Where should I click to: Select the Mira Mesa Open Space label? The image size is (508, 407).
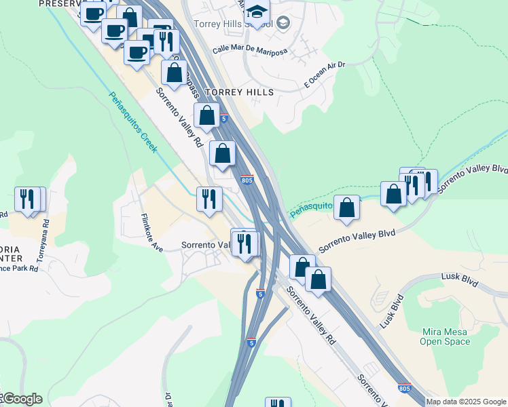point(445,336)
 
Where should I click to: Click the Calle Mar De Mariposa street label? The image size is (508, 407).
point(249,50)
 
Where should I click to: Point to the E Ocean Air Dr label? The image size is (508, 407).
point(325,75)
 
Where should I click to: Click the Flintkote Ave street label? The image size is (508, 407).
point(151,233)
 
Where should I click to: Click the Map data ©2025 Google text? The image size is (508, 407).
point(465,402)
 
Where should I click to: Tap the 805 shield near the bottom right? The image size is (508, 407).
point(405,388)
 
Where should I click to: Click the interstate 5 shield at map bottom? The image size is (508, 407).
point(251,342)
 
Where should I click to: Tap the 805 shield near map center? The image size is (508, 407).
point(247,180)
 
